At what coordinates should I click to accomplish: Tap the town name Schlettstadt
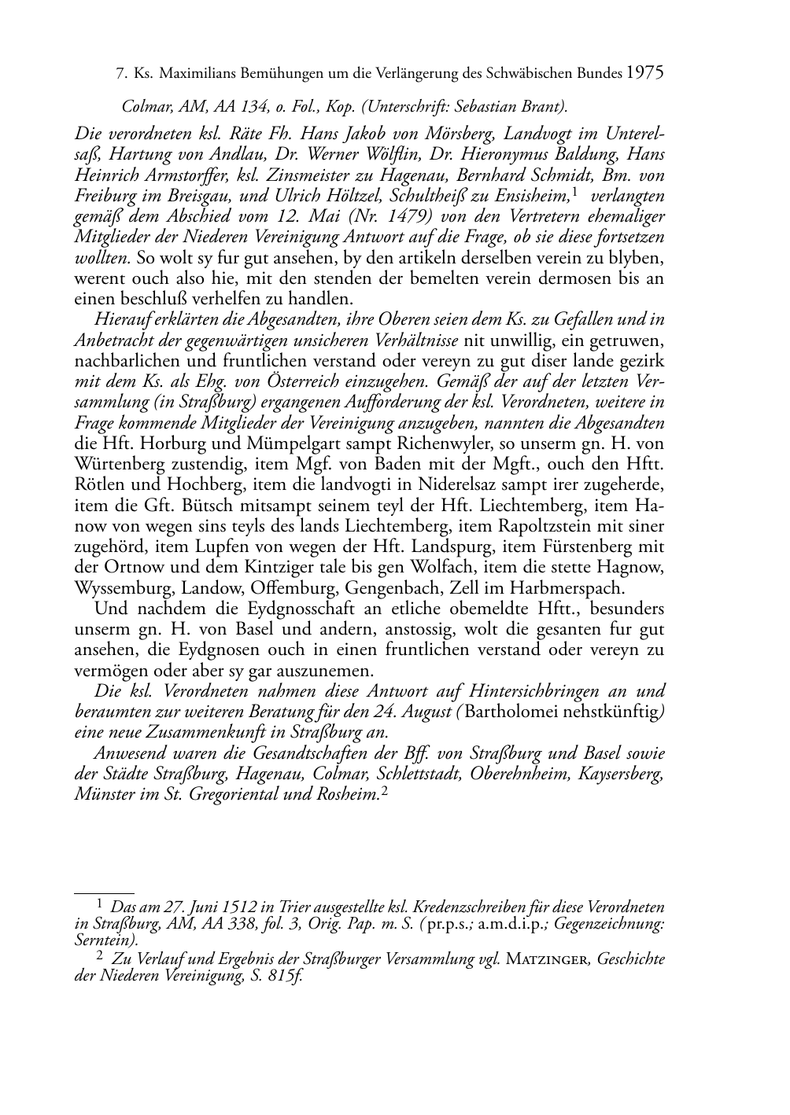(x=417, y=774)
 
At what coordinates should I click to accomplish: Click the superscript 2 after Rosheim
(x=384, y=792)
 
